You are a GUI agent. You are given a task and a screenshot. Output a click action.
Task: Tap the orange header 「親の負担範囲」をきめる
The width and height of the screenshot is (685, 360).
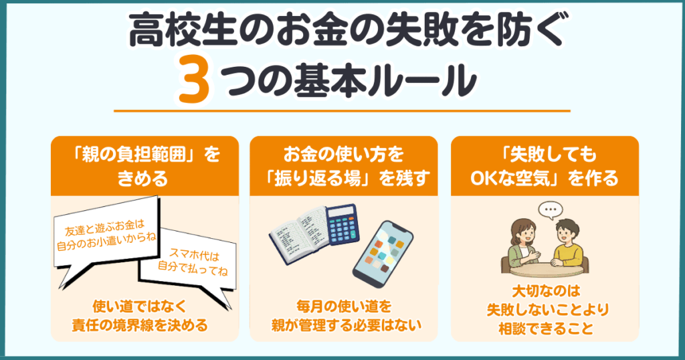[x=145, y=167]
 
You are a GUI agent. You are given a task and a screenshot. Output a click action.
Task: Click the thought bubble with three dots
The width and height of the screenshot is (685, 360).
[x=551, y=211]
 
